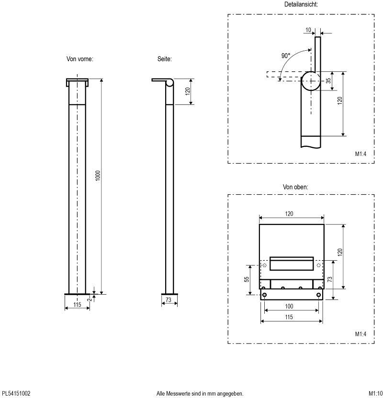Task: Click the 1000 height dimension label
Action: point(98,176)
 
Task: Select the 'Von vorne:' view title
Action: point(80,59)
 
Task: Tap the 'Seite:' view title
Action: point(165,59)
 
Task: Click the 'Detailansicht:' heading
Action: point(301,4)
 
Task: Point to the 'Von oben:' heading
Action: point(295,187)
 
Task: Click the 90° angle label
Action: point(286,55)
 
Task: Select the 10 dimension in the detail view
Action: point(308,30)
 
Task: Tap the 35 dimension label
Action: point(328,80)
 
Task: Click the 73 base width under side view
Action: point(169,300)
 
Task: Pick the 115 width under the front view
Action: point(77,305)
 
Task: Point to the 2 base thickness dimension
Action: point(89,299)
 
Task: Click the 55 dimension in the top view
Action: point(247,279)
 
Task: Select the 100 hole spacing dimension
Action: point(289,306)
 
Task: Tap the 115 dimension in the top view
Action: point(289,317)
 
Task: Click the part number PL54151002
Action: point(16,393)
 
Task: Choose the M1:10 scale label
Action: point(376,393)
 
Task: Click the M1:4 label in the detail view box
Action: point(360,154)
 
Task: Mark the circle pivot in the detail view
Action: point(311,81)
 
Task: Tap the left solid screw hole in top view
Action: point(264,295)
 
